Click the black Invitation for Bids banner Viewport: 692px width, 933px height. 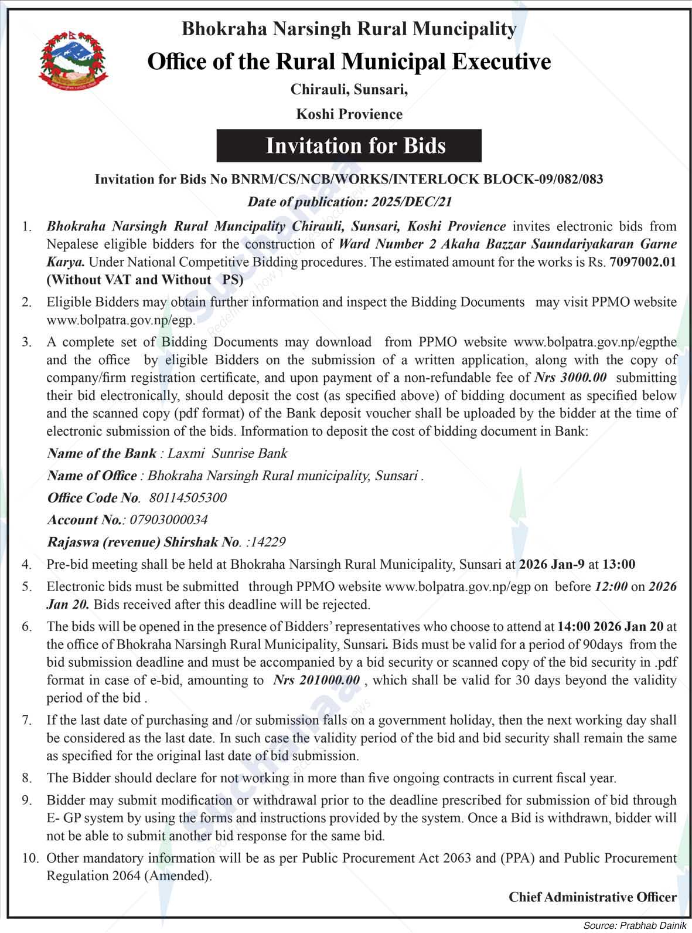tap(349, 145)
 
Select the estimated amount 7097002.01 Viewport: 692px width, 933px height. tap(643, 262)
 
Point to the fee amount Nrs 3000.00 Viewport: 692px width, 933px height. tap(571, 377)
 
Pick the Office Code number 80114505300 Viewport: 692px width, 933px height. tap(188, 498)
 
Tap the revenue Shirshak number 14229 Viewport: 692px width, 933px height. tap(268, 542)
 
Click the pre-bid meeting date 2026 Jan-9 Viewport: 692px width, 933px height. tap(551, 565)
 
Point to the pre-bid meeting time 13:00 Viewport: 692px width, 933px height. tap(619, 565)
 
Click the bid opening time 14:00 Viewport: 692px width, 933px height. tap(572, 626)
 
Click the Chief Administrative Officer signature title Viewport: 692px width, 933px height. tap(592, 897)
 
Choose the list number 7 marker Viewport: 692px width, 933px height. tap(27, 720)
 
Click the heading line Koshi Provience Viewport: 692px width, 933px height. tap(349, 114)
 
